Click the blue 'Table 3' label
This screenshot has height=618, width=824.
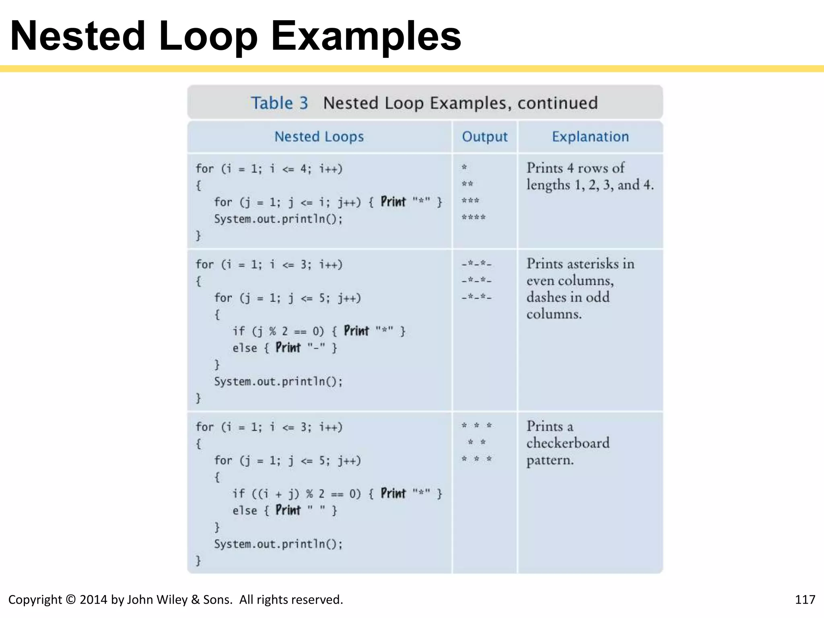click(280, 103)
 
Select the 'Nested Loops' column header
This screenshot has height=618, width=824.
click(319, 137)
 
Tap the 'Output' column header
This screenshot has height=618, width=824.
click(484, 137)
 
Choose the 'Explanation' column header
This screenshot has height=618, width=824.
click(590, 137)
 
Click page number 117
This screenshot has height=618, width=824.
click(805, 599)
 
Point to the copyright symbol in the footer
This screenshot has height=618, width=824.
click(70, 599)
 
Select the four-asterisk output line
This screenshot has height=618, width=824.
click(474, 218)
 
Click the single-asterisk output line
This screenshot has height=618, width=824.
click(464, 167)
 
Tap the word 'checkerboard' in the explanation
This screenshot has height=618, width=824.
click(568, 443)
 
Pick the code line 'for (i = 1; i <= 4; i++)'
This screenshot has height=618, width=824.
click(269, 169)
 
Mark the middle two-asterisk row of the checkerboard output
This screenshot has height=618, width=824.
click(477, 443)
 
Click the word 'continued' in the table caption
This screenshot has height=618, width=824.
click(557, 103)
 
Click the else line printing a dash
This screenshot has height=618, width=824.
click(284, 348)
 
